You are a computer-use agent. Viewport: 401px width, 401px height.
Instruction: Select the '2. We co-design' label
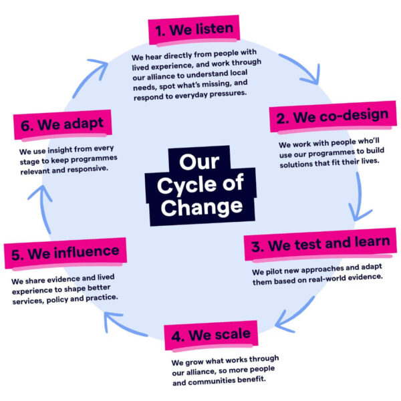click(331, 117)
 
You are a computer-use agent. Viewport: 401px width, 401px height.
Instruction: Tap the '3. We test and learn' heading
click(319, 245)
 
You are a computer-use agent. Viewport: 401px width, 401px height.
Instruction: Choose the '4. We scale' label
click(207, 333)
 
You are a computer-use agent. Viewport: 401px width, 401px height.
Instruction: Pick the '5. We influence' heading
click(65, 253)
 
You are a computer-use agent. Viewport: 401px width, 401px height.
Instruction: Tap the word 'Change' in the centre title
click(200, 207)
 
